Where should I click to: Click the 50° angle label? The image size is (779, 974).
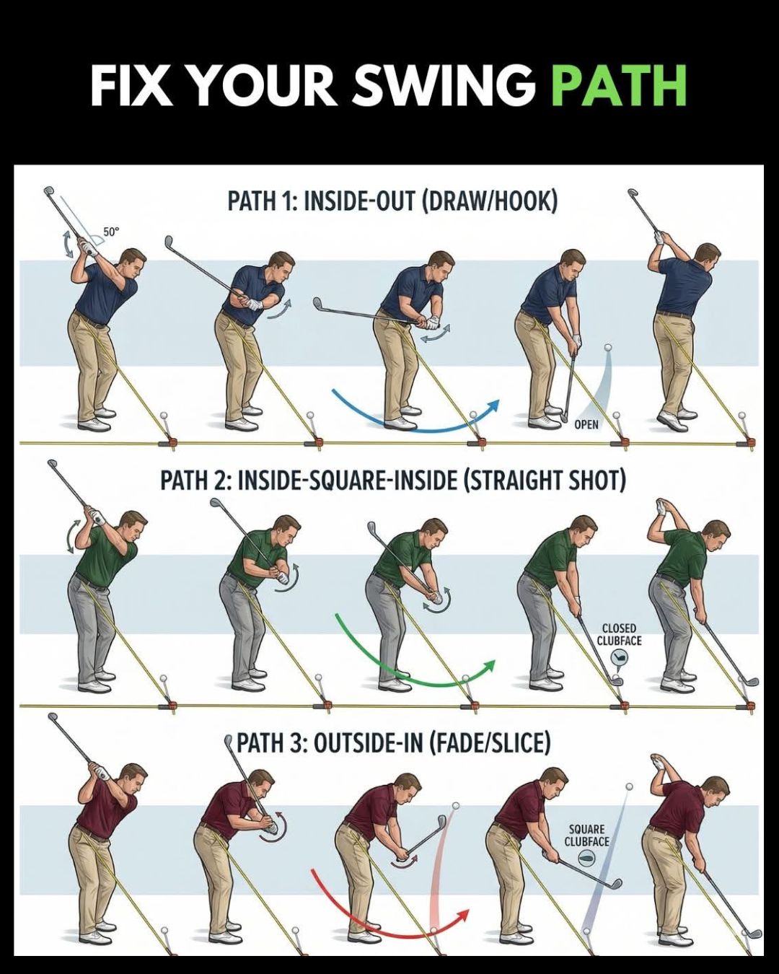pyautogui.click(x=111, y=232)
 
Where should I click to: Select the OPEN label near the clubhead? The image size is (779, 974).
pyautogui.click(x=586, y=424)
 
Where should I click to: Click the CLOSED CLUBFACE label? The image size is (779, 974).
pyautogui.click(x=619, y=634)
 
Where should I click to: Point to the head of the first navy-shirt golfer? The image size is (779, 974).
pyautogui.click(x=132, y=266)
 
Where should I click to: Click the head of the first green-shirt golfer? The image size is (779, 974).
pyautogui.click(x=131, y=529)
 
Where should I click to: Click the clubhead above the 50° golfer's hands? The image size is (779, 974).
pyautogui.click(x=48, y=191)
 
